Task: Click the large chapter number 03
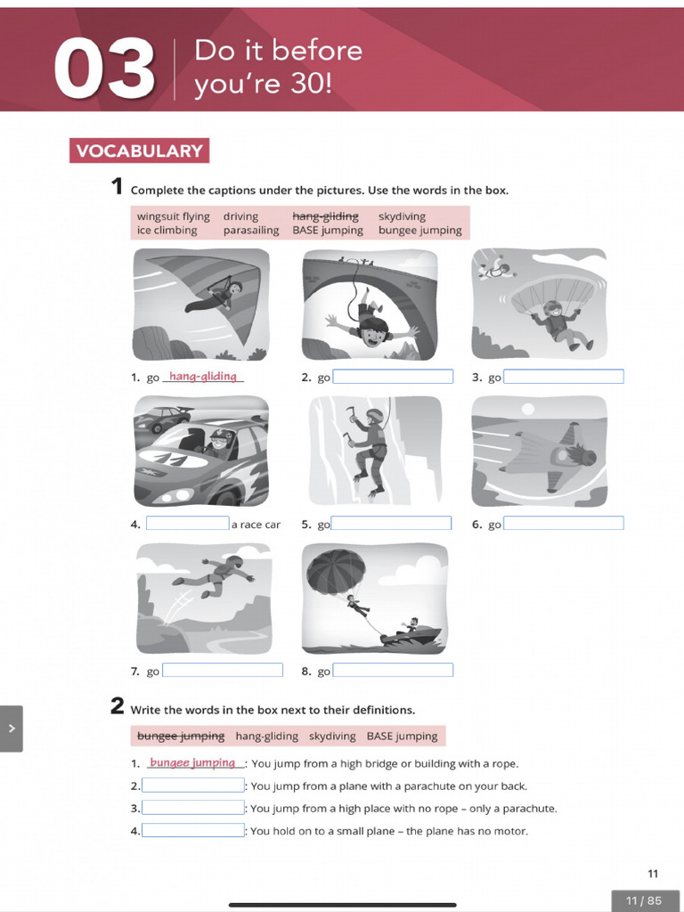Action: point(104,69)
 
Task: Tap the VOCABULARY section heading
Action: point(139,151)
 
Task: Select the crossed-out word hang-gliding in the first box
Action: point(325,216)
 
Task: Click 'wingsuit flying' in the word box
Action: point(173,216)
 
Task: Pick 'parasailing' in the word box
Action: point(250,231)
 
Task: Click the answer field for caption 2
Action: point(393,377)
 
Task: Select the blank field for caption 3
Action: point(564,377)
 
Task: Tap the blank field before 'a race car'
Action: point(188,524)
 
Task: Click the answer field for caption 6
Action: point(564,524)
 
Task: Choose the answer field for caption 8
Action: point(393,671)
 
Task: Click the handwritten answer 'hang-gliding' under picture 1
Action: point(203,377)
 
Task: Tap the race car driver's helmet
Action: point(219,439)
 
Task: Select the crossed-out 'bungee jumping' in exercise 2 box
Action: point(181,737)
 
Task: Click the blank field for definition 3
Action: point(193,808)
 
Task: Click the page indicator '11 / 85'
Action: point(644,900)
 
